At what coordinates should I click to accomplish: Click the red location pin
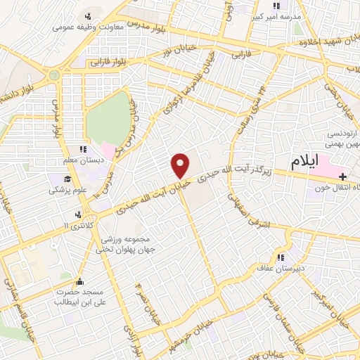[181, 165]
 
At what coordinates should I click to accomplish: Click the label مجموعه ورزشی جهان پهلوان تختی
[133, 243]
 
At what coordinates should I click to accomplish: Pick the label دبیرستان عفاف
[284, 271]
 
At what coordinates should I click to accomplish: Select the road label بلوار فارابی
[110, 62]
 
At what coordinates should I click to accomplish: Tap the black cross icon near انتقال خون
[342, 175]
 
